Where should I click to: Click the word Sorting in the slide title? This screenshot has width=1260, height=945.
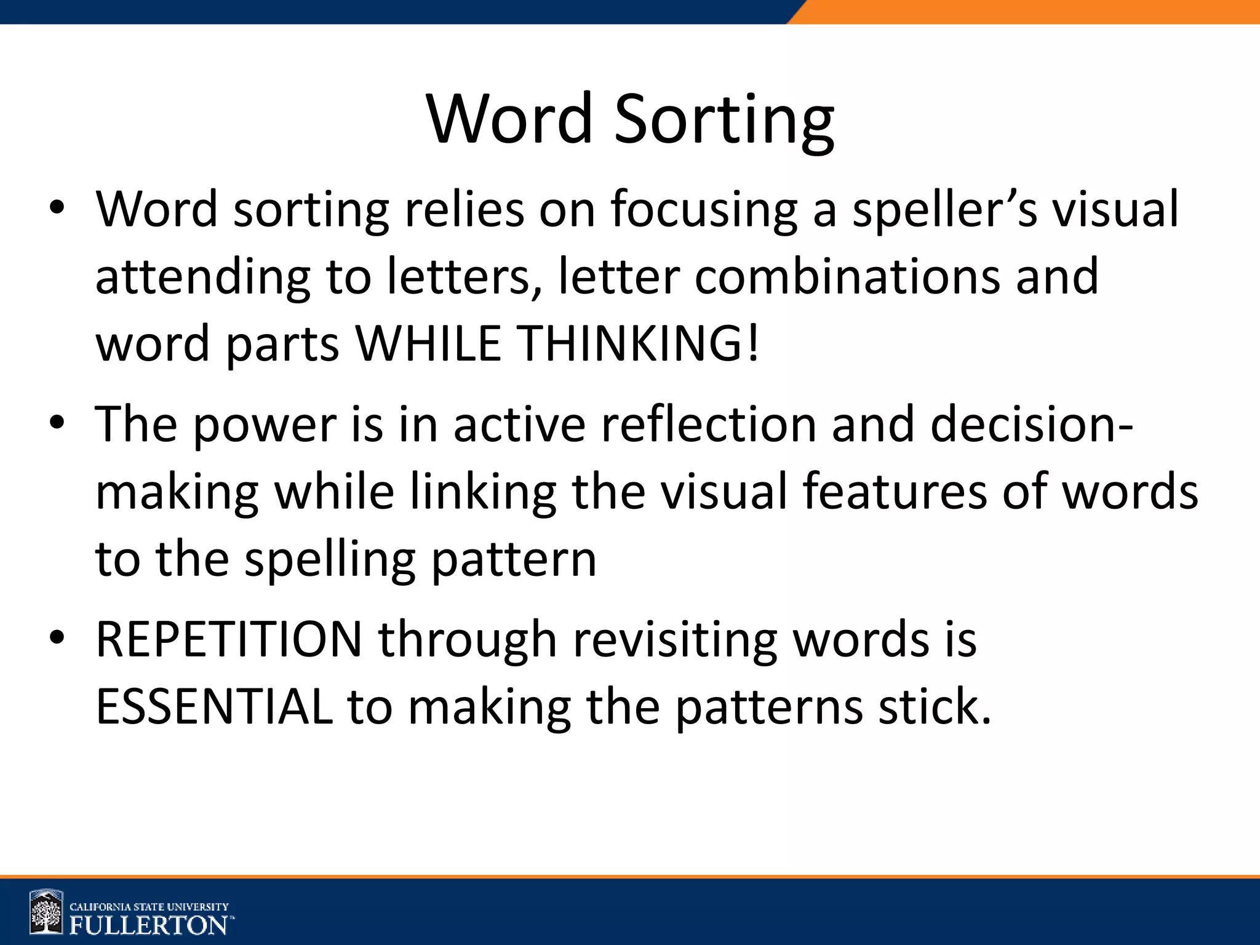pos(724,120)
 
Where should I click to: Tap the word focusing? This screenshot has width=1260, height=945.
pos(704,210)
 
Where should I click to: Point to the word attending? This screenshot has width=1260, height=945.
pos(202,278)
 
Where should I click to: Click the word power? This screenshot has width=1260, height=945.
pos(265,426)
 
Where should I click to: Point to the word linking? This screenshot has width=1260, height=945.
pos(483,493)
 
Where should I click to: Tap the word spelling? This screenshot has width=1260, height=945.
pos(330,561)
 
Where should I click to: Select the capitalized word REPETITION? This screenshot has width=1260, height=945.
pos(229,640)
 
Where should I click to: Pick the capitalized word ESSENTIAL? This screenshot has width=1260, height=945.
pos(214,708)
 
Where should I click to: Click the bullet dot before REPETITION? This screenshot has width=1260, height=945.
pos(57,639)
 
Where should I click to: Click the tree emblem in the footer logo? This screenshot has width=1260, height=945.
pos(47,912)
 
